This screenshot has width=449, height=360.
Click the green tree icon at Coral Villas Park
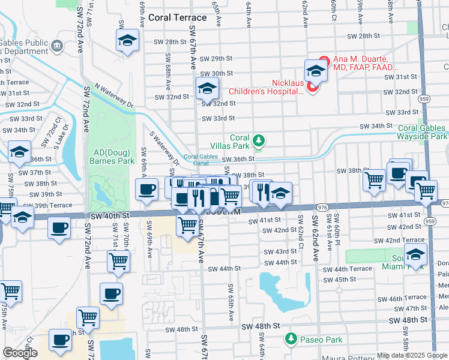click(259, 140)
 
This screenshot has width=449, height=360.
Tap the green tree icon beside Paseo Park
click(291, 339)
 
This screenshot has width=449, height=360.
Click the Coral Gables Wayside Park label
click(423, 132)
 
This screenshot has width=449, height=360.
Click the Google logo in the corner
click(20, 353)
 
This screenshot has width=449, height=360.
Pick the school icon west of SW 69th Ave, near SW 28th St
click(127, 41)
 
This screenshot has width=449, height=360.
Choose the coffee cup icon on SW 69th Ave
click(146, 190)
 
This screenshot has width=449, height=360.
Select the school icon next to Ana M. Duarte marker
click(315, 71)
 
